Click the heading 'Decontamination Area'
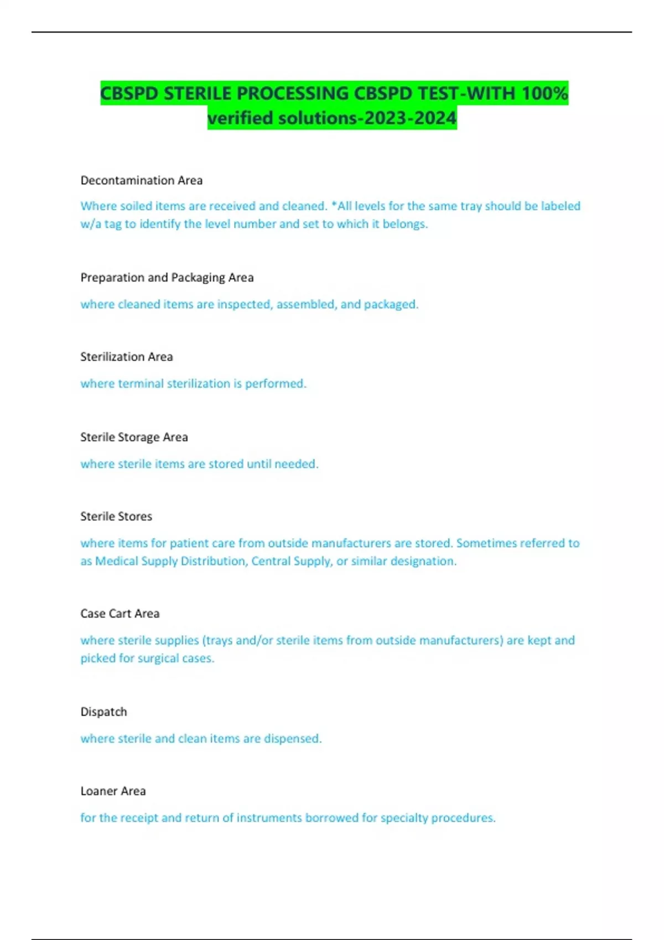click(142, 180)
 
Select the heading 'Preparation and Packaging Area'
click(167, 278)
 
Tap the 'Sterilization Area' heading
click(127, 357)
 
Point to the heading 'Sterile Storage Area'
click(134, 437)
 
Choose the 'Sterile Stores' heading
click(116, 516)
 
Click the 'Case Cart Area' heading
click(120, 613)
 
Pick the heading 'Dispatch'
click(104, 712)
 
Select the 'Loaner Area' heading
click(113, 791)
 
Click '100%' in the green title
click(544, 93)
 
